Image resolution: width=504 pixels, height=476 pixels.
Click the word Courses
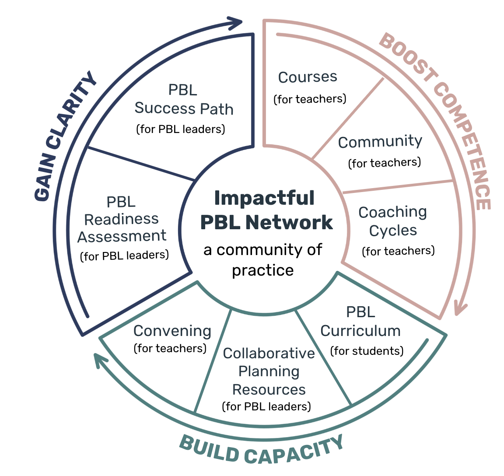pos(308,77)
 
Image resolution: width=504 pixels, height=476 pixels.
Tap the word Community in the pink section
pos(380,142)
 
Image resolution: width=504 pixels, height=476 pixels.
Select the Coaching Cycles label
pos(392,221)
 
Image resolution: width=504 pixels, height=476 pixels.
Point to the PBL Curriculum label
pos(360,322)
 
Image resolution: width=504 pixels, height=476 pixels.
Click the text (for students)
pos(367,351)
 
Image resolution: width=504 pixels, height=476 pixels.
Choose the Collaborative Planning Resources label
pos(269,371)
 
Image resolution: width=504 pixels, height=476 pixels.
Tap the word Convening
pos(172,331)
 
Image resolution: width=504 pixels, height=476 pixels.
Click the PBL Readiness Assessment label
pos(122,219)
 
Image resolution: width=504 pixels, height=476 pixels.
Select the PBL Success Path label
pos(183,100)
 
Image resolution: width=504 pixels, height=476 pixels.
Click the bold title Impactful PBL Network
pos(265,210)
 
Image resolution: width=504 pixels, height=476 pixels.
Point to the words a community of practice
pos(263,260)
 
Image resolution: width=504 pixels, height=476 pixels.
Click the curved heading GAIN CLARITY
pos(66,136)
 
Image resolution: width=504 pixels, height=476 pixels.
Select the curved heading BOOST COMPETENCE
pos(442,114)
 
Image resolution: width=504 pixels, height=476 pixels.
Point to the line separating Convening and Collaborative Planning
pos(213,361)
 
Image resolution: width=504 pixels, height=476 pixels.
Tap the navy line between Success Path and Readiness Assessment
pos(141,163)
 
